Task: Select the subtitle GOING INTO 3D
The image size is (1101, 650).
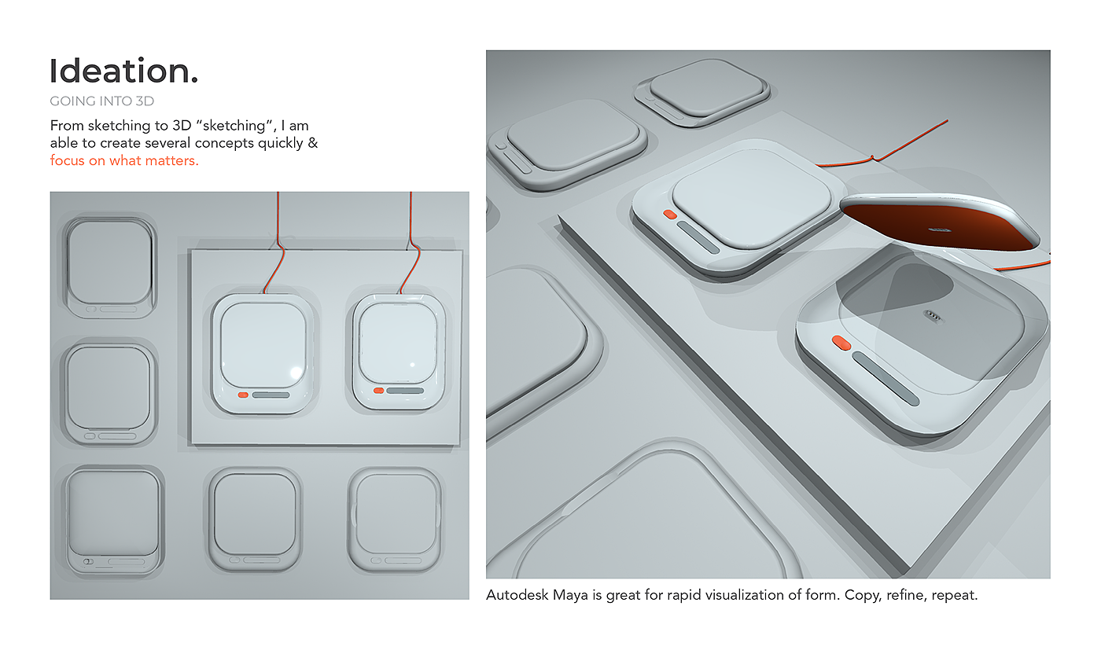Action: [101, 101]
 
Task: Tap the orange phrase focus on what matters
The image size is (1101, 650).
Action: [124, 160]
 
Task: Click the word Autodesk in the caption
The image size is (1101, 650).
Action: [517, 595]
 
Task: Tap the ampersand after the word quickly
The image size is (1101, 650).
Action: [313, 143]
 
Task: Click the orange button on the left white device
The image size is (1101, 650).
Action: [243, 395]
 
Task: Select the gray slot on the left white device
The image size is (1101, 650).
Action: [271, 395]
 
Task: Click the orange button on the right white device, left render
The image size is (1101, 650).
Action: [378, 391]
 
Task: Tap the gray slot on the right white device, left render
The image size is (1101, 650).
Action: [405, 391]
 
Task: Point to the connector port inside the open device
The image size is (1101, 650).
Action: [933, 317]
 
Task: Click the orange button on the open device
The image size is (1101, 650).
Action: [841, 343]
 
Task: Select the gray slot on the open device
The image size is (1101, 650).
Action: [886, 379]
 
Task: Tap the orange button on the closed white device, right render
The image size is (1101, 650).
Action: [669, 215]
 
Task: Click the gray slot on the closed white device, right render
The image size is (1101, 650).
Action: [698, 237]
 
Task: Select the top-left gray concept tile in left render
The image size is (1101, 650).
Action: [110, 267]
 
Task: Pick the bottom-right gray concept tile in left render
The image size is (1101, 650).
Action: [394, 520]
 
